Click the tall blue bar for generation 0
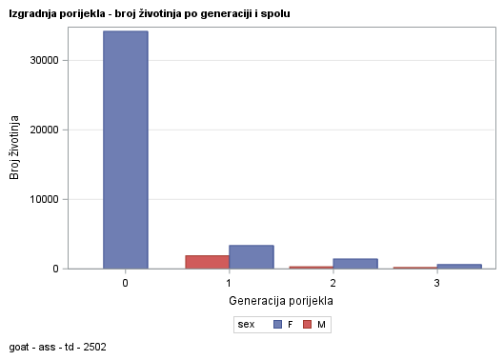[125, 150]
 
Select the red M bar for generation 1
[207, 262]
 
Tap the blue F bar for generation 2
[355, 264]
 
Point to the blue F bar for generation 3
[459, 267]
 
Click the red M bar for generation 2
[311, 268]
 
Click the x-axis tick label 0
[125, 283]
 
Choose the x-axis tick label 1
[229, 283]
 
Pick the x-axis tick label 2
[333, 283]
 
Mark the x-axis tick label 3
[436, 283]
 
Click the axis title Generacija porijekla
[280, 301]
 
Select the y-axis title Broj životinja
[15, 148]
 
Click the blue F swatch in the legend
[277, 325]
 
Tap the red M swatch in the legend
[307, 325]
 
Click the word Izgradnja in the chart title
[31, 14]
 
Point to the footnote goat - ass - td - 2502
[57, 348]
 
